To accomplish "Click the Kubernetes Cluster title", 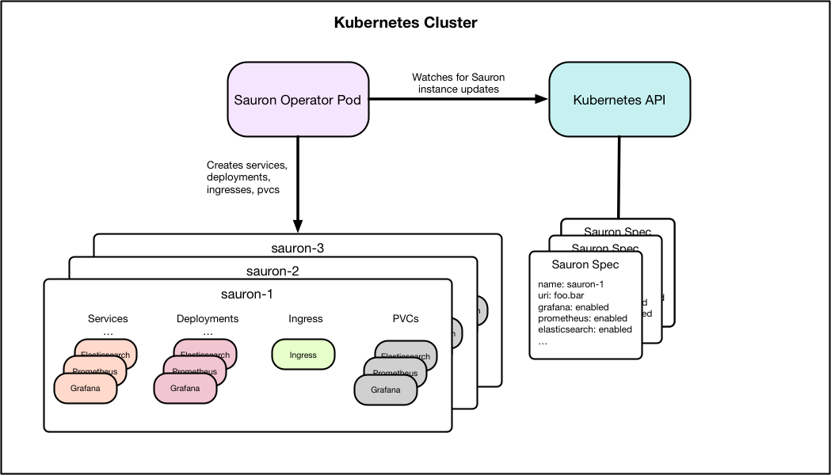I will (406, 23).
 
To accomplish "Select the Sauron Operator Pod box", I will (299, 100).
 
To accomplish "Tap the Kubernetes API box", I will (619, 100).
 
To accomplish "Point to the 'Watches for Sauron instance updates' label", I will (458, 83).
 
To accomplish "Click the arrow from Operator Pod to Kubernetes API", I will (459, 99).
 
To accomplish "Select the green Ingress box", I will (303, 355).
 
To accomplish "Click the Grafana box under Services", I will (86, 389).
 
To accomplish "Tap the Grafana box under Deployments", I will (185, 389).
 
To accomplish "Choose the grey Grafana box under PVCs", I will (386, 389).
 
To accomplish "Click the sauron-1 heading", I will (247, 294).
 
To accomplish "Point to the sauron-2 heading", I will (272, 271).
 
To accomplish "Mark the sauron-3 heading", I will (297, 248).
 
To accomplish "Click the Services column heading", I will (108, 319).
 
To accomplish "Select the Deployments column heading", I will (208, 319).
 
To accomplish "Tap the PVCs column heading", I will (406, 319).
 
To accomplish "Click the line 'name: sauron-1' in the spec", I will (571, 284).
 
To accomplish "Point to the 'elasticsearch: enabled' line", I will (585, 329).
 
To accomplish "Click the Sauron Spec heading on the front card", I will (585, 264).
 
